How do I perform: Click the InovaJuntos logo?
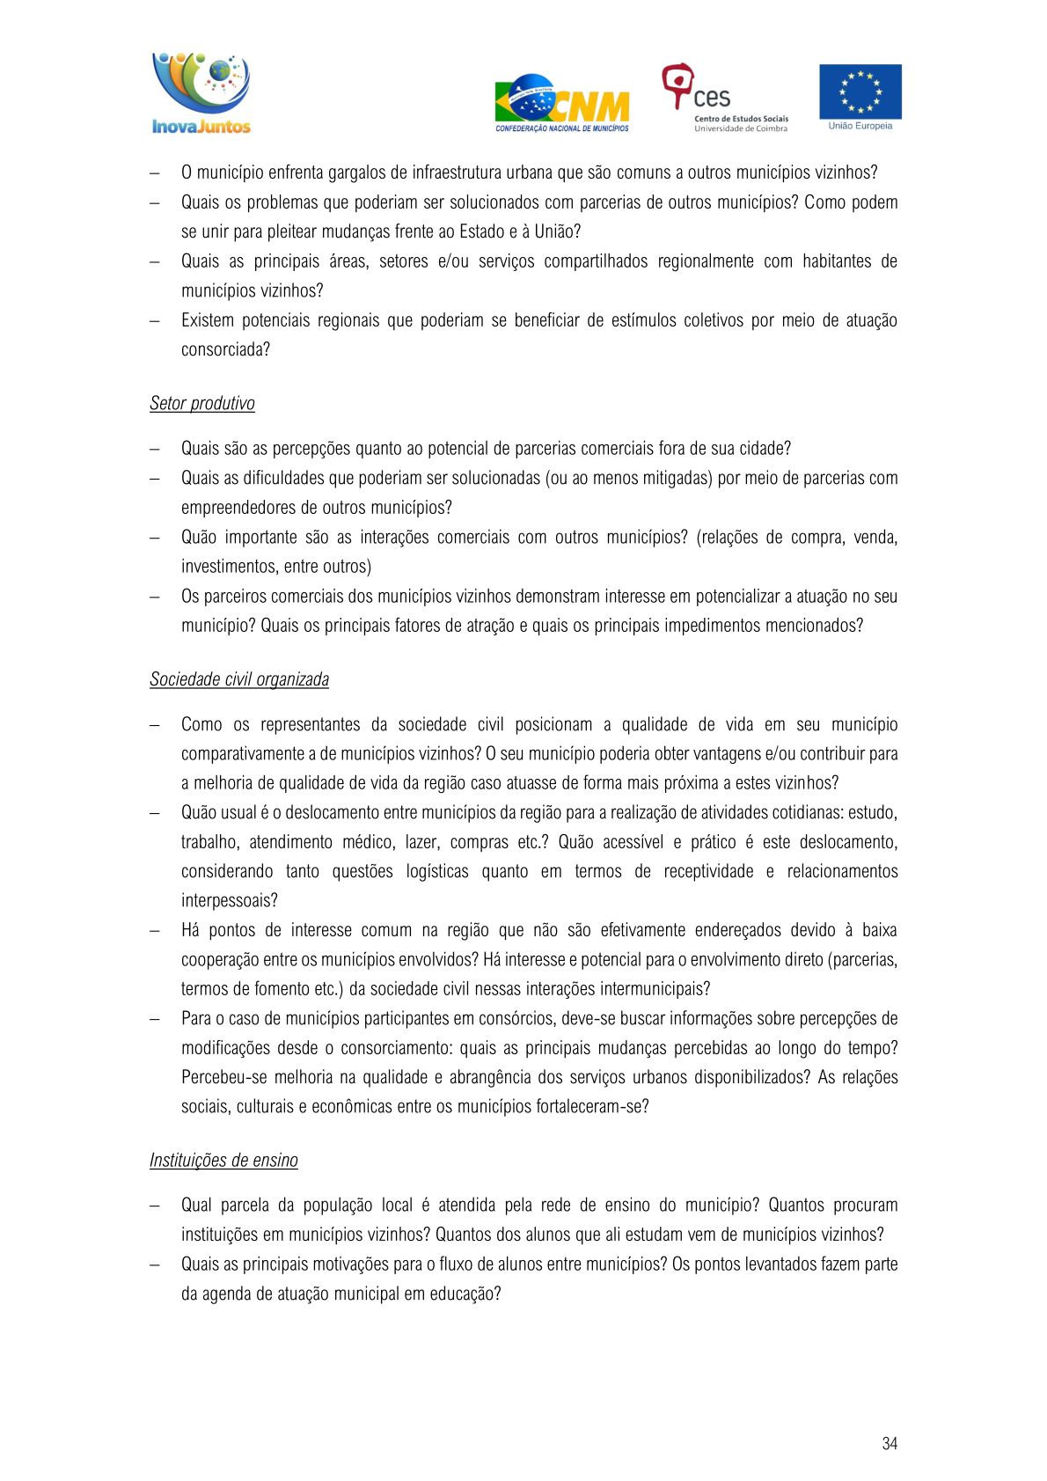[201, 93]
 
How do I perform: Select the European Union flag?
[860, 91]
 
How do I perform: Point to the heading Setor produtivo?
[202, 404]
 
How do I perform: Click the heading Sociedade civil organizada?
[239, 679]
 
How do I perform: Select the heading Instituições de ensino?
[223, 1161]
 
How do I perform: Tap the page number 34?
[890, 1443]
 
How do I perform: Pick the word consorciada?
[225, 349]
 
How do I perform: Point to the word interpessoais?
[229, 901]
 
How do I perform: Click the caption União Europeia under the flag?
[860, 127]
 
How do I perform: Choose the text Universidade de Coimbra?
[741, 129]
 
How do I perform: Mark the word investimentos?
[228, 567]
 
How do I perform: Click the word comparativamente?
[242, 754]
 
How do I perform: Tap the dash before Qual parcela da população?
[155, 1206]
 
